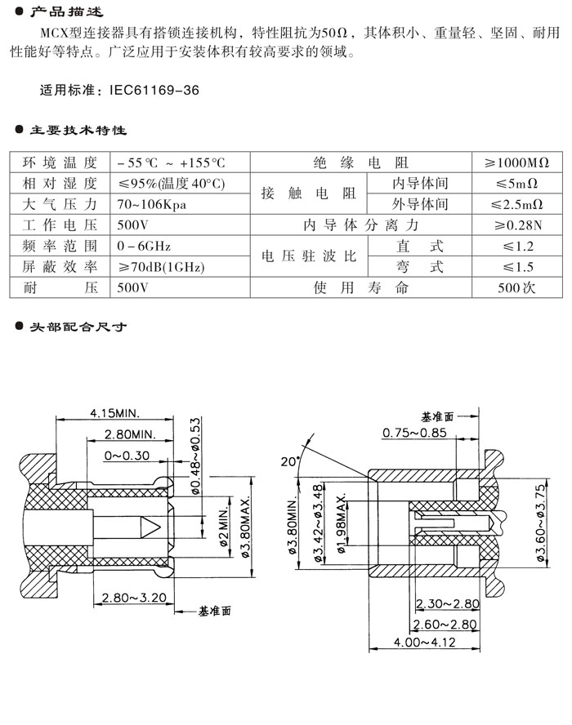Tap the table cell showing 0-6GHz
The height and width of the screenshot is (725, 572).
144,245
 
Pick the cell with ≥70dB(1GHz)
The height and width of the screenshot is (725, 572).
161,266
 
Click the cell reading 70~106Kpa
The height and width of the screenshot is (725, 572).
152,204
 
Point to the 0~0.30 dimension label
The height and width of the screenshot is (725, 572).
127,456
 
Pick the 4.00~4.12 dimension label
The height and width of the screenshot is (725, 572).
425,642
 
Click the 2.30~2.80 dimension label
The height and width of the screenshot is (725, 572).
448,604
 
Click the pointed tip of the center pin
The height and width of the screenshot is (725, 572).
156,523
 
